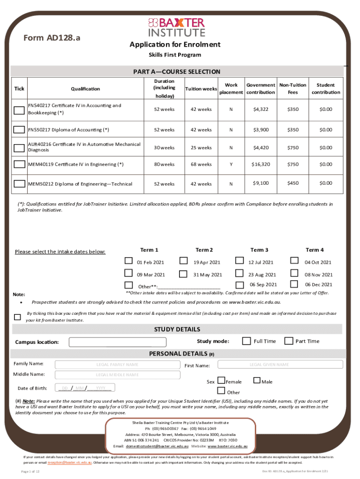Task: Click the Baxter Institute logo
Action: (x=177, y=27)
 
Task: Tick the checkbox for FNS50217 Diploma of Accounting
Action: (x=19, y=130)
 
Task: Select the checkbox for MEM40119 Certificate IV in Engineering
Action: (x=19, y=164)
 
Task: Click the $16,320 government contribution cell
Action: (x=261, y=164)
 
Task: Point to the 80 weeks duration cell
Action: (x=164, y=164)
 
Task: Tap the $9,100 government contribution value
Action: (x=261, y=183)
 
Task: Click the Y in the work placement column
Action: (x=231, y=164)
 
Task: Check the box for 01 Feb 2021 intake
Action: (x=129, y=261)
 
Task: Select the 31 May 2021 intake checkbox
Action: (x=184, y=274)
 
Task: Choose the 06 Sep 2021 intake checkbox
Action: (x=239, y=284)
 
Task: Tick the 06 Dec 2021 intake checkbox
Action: (x=294, y=284)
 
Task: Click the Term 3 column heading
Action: (x=259, y=250)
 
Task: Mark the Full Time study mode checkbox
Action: (x=246, y=341)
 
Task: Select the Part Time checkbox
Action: (x=288, y=341)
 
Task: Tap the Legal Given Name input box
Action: (x=269, y=364)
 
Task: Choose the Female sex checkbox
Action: (x=222, y=381)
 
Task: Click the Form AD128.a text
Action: (x=51, y=38)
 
